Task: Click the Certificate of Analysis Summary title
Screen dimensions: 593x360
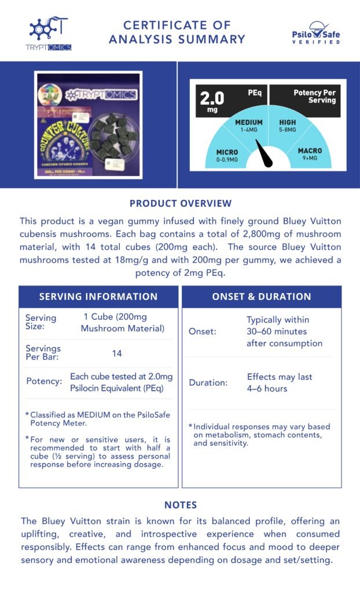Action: tap(177, 32)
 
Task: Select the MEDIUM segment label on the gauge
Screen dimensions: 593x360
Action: tap(248, 126)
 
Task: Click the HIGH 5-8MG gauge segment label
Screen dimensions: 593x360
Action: tap(288, 126)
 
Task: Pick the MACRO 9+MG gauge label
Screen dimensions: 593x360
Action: tap(310, 154)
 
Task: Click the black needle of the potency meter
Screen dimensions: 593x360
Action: tap(265, 153)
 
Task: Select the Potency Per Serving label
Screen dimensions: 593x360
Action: tap(314, 96)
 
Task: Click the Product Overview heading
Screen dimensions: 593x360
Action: tap(180, 203)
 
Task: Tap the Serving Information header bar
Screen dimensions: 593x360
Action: tap(98, 296)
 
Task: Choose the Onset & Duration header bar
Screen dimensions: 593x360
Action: tap(262, 296)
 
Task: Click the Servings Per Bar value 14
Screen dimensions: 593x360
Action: tap(117, 353)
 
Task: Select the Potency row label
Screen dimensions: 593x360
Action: tap(44, 382)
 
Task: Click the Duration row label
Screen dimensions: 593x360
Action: tap(208, 383)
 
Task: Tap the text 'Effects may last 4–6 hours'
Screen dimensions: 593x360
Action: tap(280, 383)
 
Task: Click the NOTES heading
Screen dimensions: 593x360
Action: tap(180, 505)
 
